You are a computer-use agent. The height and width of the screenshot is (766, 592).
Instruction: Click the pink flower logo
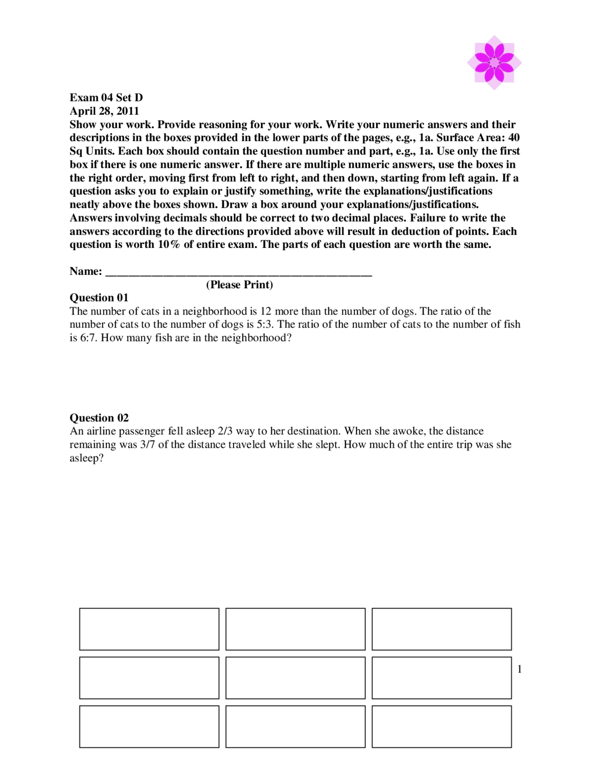tap(494, 62)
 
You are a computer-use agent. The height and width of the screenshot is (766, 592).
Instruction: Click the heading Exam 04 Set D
tap(106, 98)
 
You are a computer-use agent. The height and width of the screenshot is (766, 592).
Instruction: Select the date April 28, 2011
tap(104, 111)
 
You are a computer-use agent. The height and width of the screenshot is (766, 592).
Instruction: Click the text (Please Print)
tap(239, 284)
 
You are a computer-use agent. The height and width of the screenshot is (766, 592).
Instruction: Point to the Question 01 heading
tap(99, 297)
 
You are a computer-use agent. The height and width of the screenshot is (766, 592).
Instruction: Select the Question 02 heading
tap(99, 418)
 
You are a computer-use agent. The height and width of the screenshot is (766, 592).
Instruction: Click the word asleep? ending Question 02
tap(86, 458)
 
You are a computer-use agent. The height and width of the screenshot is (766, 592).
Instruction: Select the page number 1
tap(519, 669)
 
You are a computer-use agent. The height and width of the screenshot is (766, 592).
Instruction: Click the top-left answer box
tap(149, 629)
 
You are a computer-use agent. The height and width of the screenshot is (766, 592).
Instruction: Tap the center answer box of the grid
tap(295, 678)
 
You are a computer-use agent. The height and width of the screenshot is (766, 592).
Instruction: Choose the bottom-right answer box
tap(441, 726)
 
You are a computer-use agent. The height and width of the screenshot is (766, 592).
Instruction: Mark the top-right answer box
tap(441, 629)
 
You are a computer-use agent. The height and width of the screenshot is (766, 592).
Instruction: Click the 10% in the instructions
tap(169, 244)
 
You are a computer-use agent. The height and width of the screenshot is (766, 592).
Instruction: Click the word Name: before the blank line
tap(86, 271)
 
